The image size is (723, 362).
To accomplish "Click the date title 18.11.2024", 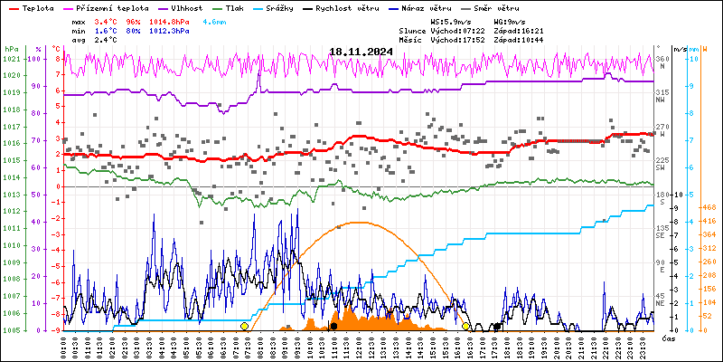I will pyautogui.click(x=361, y=52).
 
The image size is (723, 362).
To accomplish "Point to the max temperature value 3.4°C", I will pyautogui.click(x=107, y=20).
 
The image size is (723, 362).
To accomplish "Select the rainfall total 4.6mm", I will pyautogui.click(x=215, y=20).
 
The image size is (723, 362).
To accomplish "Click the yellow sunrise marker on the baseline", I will pyautogui.click(x=244, y=326).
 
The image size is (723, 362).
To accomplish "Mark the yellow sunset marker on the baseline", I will pyautogui.click(x=465, y=326).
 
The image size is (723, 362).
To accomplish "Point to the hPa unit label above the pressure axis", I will pyautogui.click(x=10, y=48).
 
